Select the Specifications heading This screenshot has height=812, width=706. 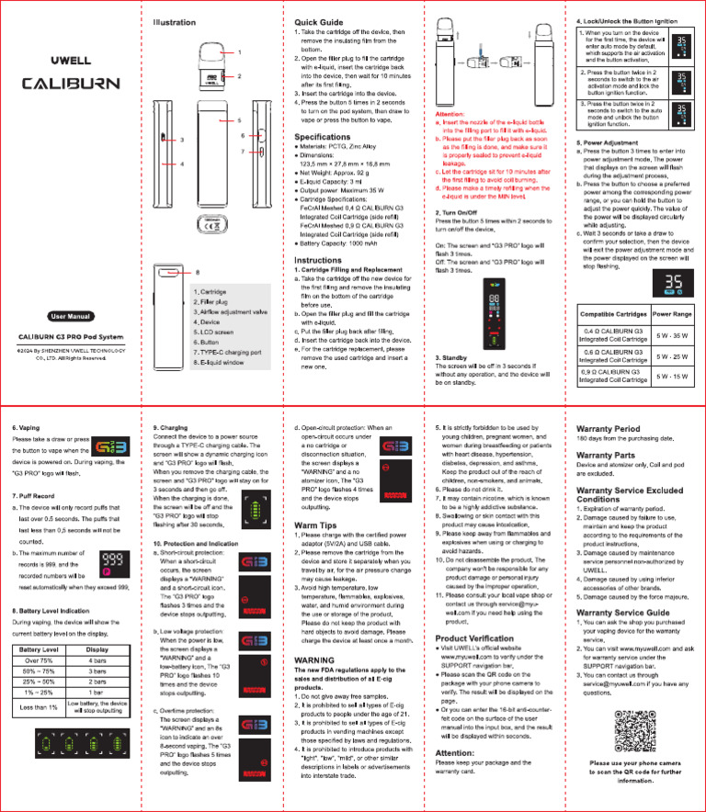tap(329, 137)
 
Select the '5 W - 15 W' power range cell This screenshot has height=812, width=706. tap(673, 376)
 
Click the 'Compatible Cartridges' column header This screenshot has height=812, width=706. tap(611, 314)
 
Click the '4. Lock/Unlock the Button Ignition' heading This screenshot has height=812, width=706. tap(628, 21)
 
